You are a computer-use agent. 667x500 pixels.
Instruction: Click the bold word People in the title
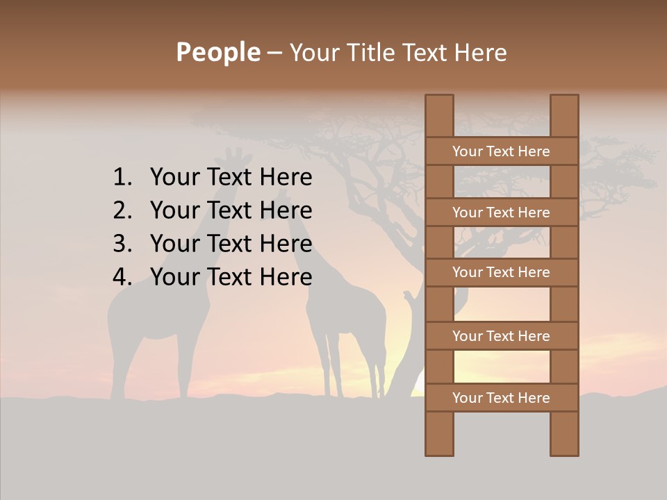[x=217, y=52]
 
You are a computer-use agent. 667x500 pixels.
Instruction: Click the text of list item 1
[x=231, y=178]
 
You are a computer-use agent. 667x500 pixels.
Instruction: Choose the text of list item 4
[x=231, y=277]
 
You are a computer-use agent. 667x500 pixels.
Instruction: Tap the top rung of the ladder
[x=501, y=151]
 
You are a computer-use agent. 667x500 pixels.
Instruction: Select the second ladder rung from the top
[x=501, y=212]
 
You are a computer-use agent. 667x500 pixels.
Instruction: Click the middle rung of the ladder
[x=501, y=273]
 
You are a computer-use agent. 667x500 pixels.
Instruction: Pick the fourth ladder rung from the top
[x=501, y=336]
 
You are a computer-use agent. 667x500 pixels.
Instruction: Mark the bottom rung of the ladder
[x=501, y=398]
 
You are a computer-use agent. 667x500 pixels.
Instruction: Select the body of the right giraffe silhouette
[x=347, y=312]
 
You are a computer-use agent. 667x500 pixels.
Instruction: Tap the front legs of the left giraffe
[x=185, y=368]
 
